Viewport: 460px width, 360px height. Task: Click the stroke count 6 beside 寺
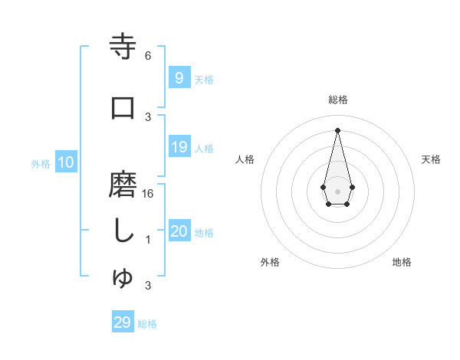[148, 56]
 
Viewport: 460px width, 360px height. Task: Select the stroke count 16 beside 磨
[148, 194]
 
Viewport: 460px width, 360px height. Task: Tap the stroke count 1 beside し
[148, 240]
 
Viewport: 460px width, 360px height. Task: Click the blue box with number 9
[179, 78]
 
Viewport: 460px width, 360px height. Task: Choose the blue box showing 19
[179, 147]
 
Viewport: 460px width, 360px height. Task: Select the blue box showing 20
[179, 232]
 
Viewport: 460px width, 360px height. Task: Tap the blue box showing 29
[122, 322]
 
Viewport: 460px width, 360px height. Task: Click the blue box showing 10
[65, 162]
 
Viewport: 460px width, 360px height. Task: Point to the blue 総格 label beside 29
[147, 324]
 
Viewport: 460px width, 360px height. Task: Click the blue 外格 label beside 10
[41, 163]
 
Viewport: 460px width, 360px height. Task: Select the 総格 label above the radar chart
[337, 100]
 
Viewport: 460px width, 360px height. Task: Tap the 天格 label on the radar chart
[431, 159]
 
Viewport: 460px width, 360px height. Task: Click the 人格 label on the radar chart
[245, 159]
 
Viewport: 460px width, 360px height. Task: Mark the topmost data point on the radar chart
[337, 129]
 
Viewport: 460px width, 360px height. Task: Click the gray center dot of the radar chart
[337, 191]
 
